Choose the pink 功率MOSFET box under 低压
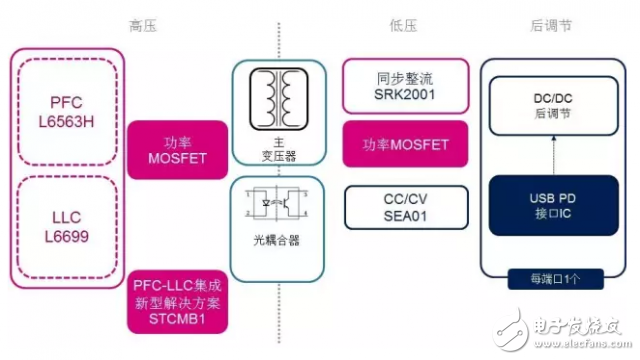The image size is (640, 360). coord(397,144)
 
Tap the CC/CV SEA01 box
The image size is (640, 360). coord(397,207)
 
